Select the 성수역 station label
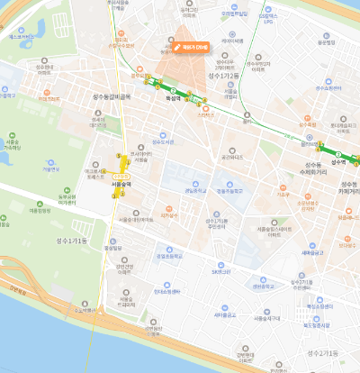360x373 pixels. (338, 161)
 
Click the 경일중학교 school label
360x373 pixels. (191, 190)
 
